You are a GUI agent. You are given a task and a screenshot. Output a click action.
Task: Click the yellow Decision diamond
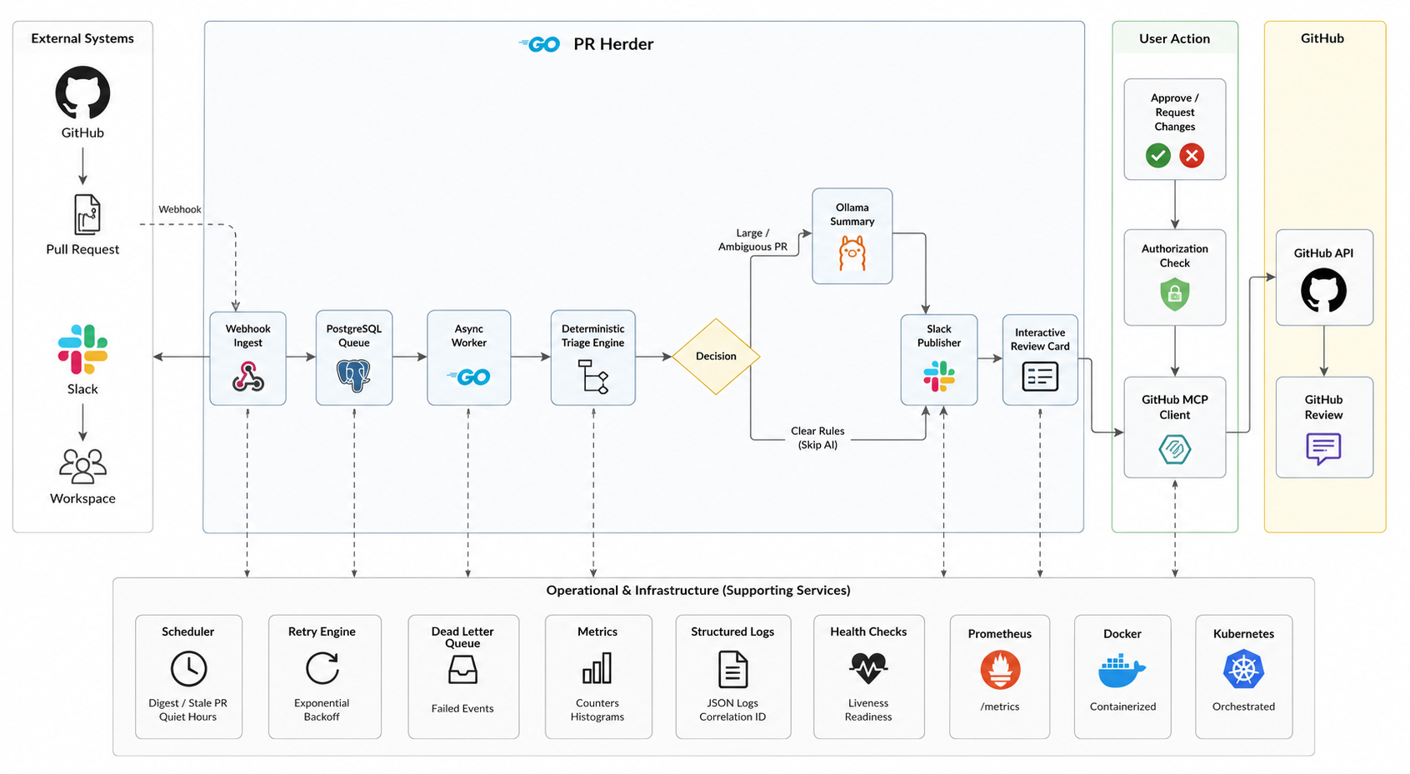pos(716,356)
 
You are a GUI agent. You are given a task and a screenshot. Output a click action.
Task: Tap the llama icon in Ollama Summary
pos(852,253)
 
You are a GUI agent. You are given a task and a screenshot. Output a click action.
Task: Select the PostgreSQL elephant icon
pos(354,376)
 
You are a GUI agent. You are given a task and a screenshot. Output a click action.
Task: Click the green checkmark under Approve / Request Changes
pos(1157,156)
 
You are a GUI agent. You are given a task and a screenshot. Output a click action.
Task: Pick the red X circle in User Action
pos(1192,156)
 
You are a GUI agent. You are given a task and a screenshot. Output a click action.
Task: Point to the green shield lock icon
pos(1174,294)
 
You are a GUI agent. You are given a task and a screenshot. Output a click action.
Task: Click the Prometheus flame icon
pos(1000,670)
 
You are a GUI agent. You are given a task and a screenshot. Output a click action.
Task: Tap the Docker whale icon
pos(1122,671)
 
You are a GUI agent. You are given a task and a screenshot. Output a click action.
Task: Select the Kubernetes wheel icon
pos(1243,669)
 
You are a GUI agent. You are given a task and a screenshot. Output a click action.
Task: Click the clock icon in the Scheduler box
pos(188,668)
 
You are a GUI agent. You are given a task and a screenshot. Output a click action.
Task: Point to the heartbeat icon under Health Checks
pos(868,668)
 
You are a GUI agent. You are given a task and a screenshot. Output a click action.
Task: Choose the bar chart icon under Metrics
pos(597,668)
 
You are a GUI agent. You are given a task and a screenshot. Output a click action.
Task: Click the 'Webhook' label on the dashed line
pos(179,209)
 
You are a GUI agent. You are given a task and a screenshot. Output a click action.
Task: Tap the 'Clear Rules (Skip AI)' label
pos(817,438)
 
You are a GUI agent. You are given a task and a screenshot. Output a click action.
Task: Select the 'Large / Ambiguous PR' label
pos(752,240)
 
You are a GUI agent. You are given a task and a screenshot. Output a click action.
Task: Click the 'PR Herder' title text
pos(613,44)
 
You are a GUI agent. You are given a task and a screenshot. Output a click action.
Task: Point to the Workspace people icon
pos(82,467)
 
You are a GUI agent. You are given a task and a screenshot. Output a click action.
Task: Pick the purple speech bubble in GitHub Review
pos(1323,449)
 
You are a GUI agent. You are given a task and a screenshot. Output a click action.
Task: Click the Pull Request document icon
pos(87,214)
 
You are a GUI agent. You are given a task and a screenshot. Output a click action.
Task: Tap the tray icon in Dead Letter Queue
pos(462,670)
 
